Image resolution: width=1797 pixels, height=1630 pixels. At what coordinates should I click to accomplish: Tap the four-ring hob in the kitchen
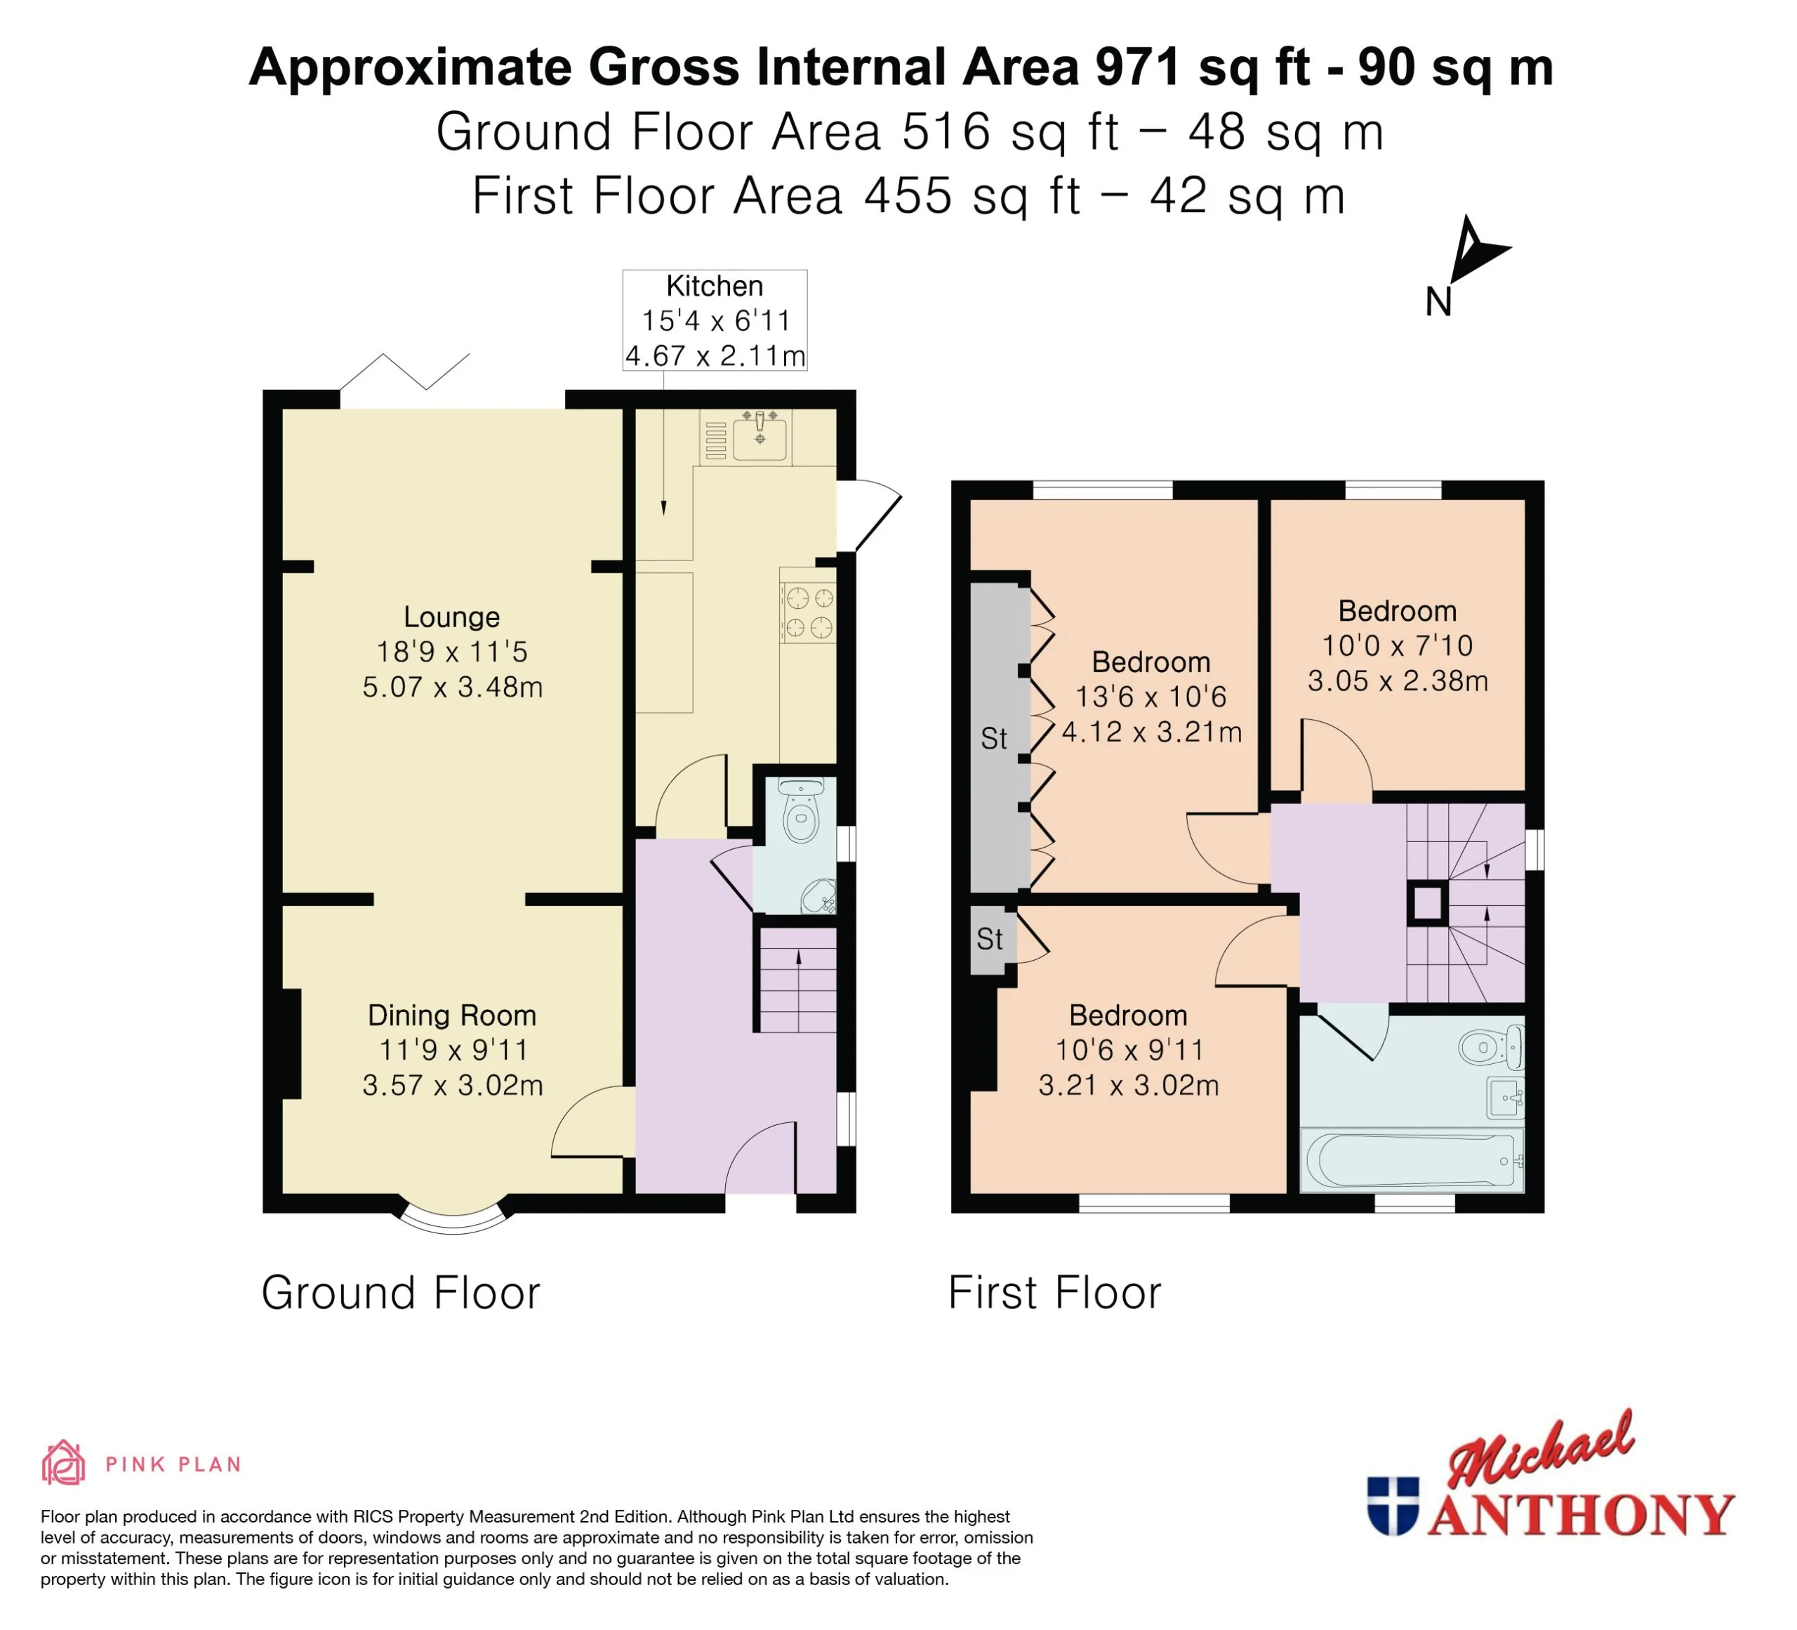[807, 612]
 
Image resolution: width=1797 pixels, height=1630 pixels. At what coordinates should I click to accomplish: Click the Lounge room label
[452, 617]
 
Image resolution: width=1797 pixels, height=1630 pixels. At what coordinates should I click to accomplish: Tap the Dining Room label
[452, 1015]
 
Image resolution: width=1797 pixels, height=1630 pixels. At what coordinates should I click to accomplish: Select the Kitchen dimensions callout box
[715, 320]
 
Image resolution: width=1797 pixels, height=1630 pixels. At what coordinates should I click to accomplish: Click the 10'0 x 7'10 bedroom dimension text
[1397, 645]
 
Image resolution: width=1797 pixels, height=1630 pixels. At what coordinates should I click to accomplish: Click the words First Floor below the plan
[1054, 1293]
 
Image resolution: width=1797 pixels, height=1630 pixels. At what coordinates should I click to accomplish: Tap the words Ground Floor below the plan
[401, 1293]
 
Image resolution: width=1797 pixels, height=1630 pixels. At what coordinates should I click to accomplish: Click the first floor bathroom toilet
[1490, 1047]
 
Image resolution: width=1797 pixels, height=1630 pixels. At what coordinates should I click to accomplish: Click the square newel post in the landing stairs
[1428, 904]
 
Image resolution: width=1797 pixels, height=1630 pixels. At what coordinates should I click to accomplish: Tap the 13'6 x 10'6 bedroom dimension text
[1151, 697]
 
